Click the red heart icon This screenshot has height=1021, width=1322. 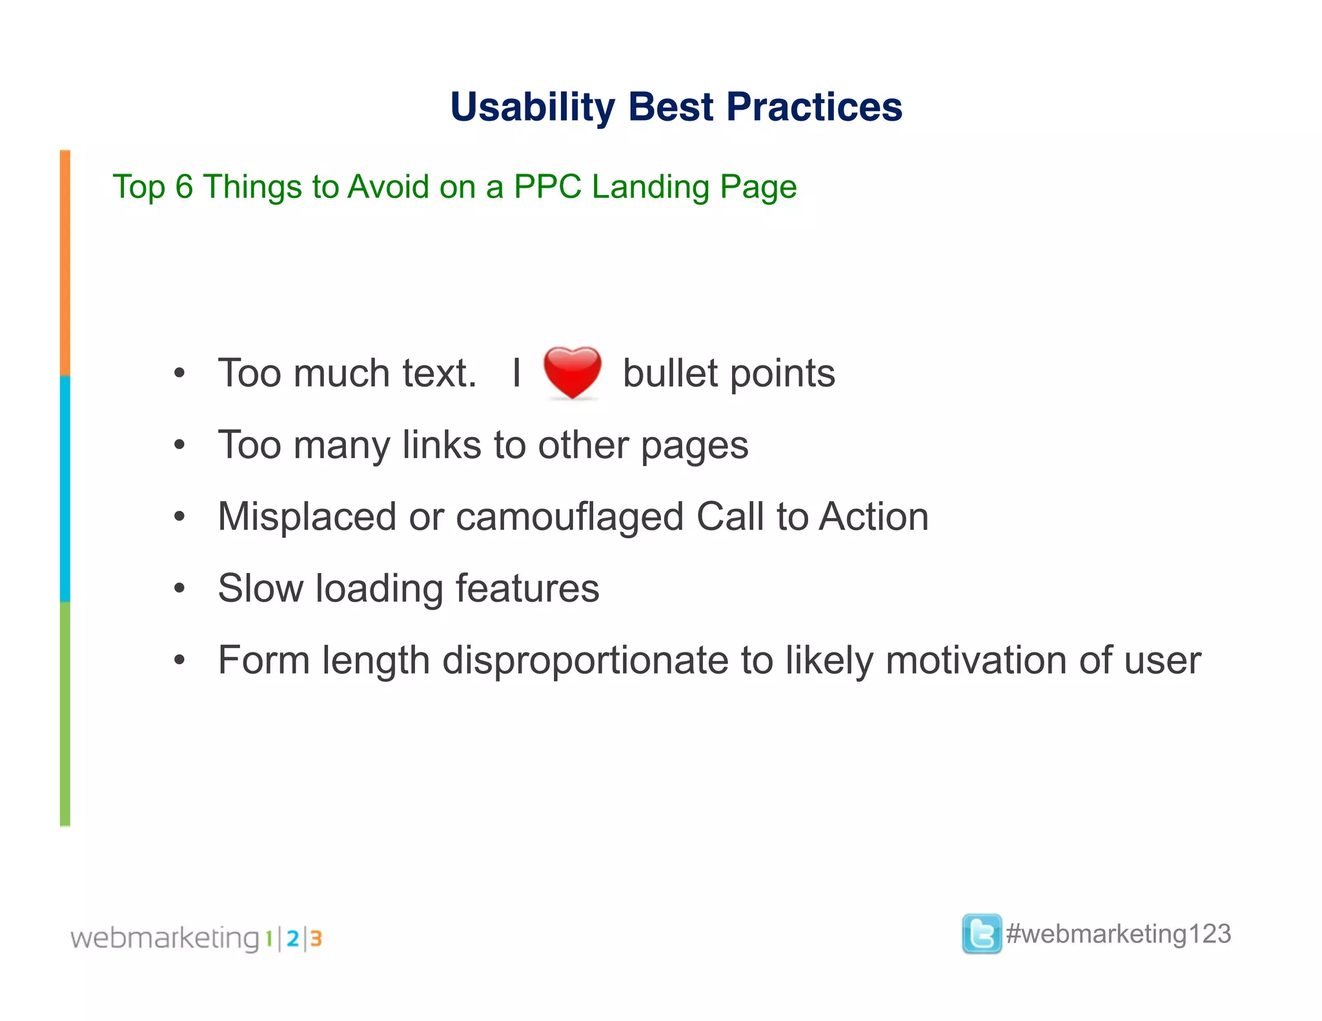(x=572, y=372)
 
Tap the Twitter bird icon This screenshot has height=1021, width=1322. (x=981, y=934)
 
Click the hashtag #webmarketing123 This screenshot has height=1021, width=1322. (x=1118, y=934)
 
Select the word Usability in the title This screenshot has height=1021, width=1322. (x=533, y=107)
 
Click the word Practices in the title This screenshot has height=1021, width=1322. (x=814, y=107)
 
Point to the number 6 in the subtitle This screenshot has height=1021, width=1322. (x=184, y=187)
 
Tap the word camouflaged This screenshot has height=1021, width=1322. (x=570, y=518)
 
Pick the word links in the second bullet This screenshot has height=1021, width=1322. (x=442, y=445)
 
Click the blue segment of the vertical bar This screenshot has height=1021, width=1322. (x=65, y=489)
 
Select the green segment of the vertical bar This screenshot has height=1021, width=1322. (x=65, y=713)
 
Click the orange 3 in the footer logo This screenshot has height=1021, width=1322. (x=316, y=938)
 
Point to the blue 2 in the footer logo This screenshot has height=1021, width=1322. (x=292, y=938)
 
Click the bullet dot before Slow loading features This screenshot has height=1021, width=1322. (x=179, y=589)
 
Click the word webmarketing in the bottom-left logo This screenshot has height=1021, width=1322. (x=165, y=938)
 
